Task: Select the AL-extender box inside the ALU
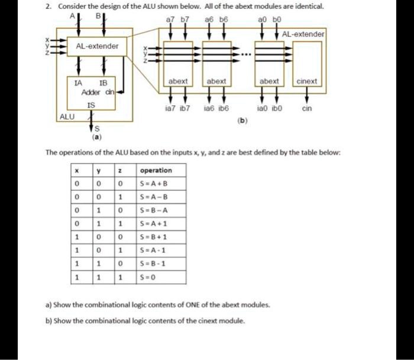[97, 46]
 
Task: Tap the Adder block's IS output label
[90, 105]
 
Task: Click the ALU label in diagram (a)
[67, 116]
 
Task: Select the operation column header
[156, 170]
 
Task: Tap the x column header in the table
[77, 170]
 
